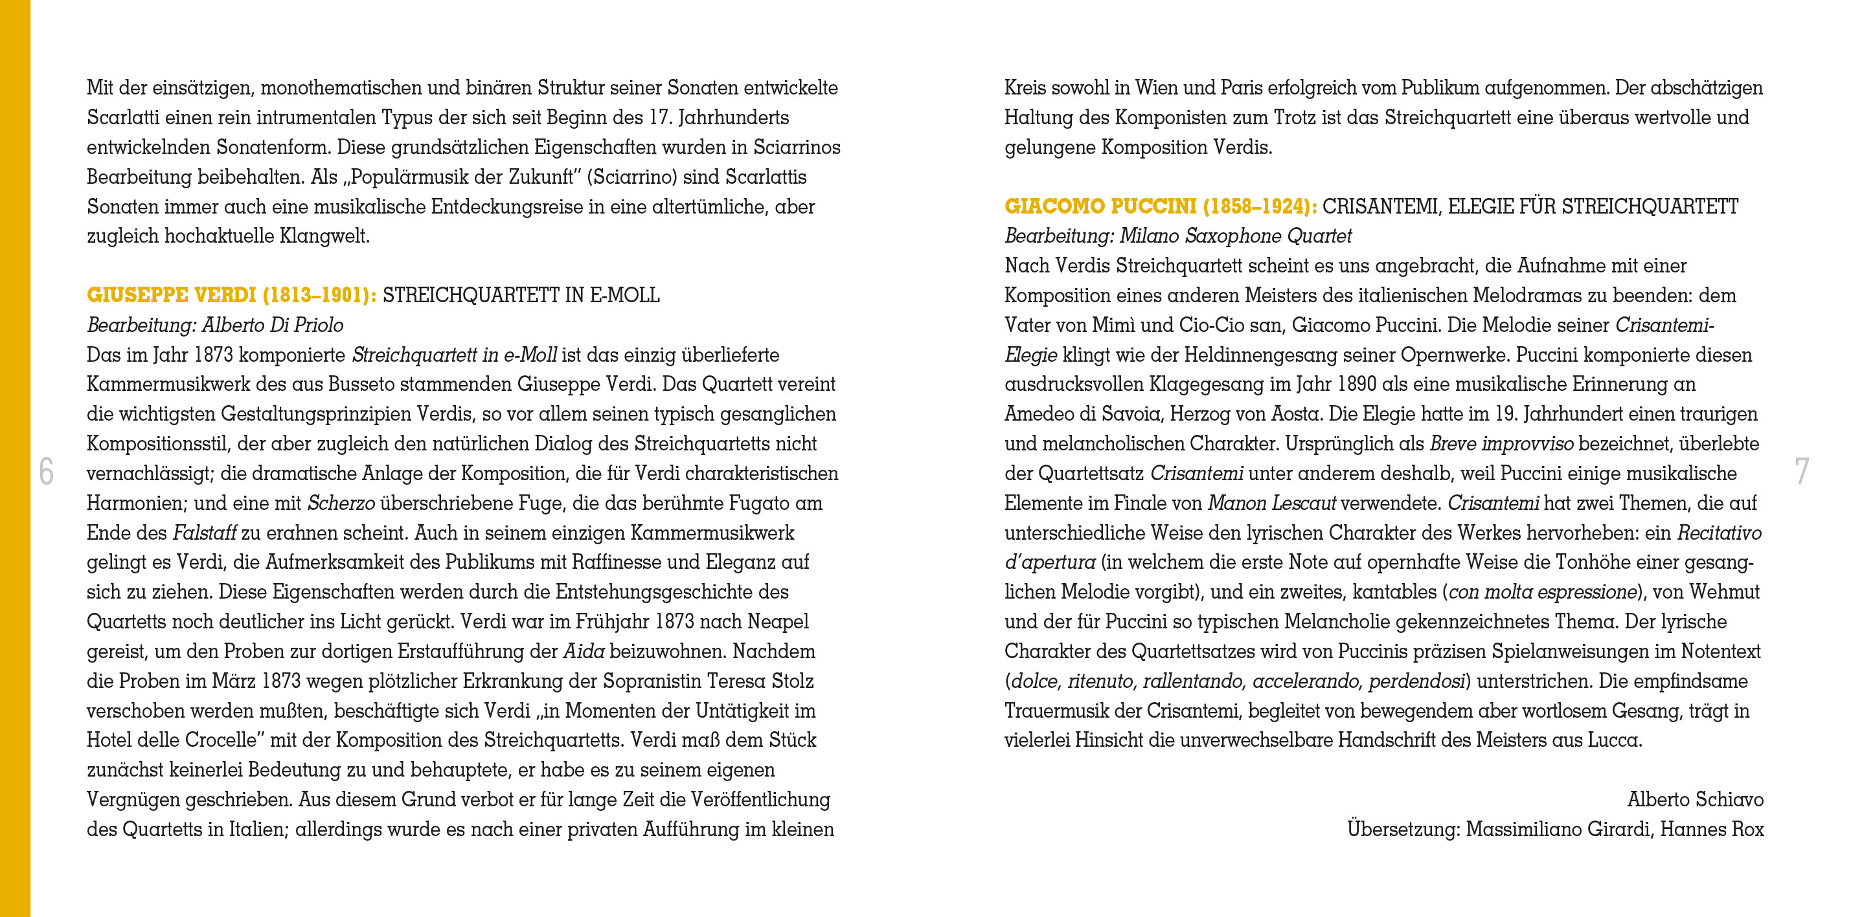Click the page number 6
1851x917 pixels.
click(46, 471)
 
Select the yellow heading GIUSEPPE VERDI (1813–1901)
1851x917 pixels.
click(231, 295)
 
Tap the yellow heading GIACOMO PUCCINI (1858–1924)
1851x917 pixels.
click(1161, 207)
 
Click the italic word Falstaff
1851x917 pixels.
click(205, 533)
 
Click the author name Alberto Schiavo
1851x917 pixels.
click(1695, 799)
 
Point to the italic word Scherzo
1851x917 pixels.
click(341, 503)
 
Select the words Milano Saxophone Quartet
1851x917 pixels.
click(1235, 236)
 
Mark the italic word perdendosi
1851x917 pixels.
click(1416, 681)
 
